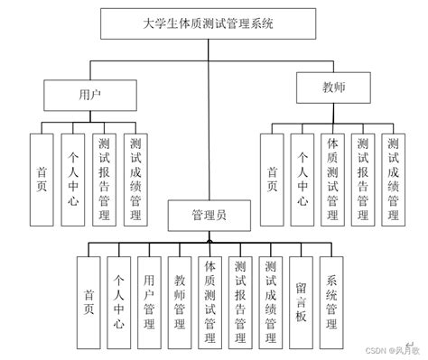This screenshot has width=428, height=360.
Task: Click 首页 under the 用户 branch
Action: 42,179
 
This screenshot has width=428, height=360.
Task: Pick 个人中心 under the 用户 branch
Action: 73,179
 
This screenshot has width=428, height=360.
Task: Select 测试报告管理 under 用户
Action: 104,179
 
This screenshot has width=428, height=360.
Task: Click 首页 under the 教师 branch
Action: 273,179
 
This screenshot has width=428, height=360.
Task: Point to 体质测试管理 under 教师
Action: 332,179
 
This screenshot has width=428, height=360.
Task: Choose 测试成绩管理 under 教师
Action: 393,179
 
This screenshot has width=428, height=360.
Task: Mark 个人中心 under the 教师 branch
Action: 302,179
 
